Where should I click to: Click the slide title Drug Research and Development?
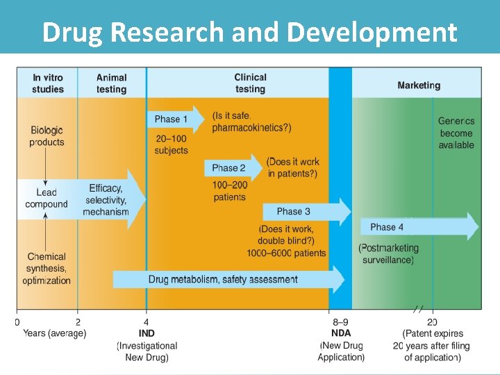[249, 33]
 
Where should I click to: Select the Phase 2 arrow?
[233, 168]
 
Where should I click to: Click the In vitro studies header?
[47, 83]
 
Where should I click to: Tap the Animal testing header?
[111, 83]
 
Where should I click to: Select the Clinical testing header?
[250, 83]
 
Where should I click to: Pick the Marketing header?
[419, 85]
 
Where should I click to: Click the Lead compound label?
[47, 198]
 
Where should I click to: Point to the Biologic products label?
[47, 136]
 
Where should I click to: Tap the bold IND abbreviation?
[147, 333]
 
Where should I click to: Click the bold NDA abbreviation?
[341, 333]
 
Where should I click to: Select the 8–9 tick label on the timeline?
[340, 322]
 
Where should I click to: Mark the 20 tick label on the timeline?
[432, 322]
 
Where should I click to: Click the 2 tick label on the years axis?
[78, 322]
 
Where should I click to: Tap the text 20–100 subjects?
[171, 144]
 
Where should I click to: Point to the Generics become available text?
[456, 133]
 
